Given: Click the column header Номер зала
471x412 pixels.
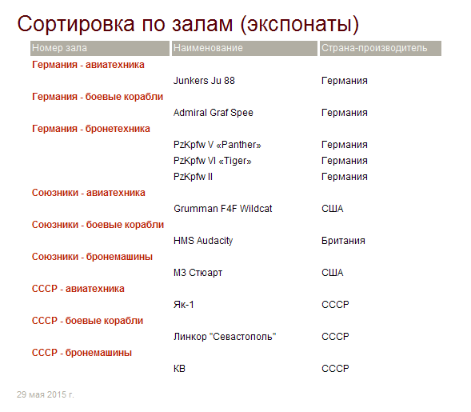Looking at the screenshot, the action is [59, 48].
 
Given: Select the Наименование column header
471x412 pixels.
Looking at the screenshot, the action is [208, 48].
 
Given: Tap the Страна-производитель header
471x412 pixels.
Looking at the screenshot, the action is [374, 48].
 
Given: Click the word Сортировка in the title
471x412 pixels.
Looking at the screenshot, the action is [76, 24].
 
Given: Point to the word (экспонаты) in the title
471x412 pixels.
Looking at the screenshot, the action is [300, 24].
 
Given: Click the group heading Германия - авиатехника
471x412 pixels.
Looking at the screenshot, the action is [88, 65].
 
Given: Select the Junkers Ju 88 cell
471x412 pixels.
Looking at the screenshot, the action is [204, 81].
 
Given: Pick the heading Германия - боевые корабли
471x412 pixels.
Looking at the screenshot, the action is [98, 97].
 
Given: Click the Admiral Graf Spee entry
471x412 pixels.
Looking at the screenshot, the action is [214, 113].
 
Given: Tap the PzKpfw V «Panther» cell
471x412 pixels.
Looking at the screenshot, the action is [218, 145].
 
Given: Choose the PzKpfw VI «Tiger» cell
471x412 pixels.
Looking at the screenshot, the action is [213, 161].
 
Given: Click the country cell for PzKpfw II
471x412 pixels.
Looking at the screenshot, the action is [345, 177].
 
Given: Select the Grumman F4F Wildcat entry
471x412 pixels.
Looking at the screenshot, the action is [222, 209].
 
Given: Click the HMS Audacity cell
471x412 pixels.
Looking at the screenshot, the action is [203, 241].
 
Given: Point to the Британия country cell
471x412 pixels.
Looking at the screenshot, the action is [343, 241].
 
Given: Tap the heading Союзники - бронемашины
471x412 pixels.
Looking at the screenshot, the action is [92, 257].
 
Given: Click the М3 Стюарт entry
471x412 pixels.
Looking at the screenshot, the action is [198, 273].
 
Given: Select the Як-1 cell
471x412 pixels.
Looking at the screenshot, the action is [184, 305].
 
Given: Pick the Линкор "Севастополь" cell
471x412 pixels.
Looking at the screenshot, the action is [225, 337].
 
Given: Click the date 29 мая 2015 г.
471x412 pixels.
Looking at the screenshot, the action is [46, 394].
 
